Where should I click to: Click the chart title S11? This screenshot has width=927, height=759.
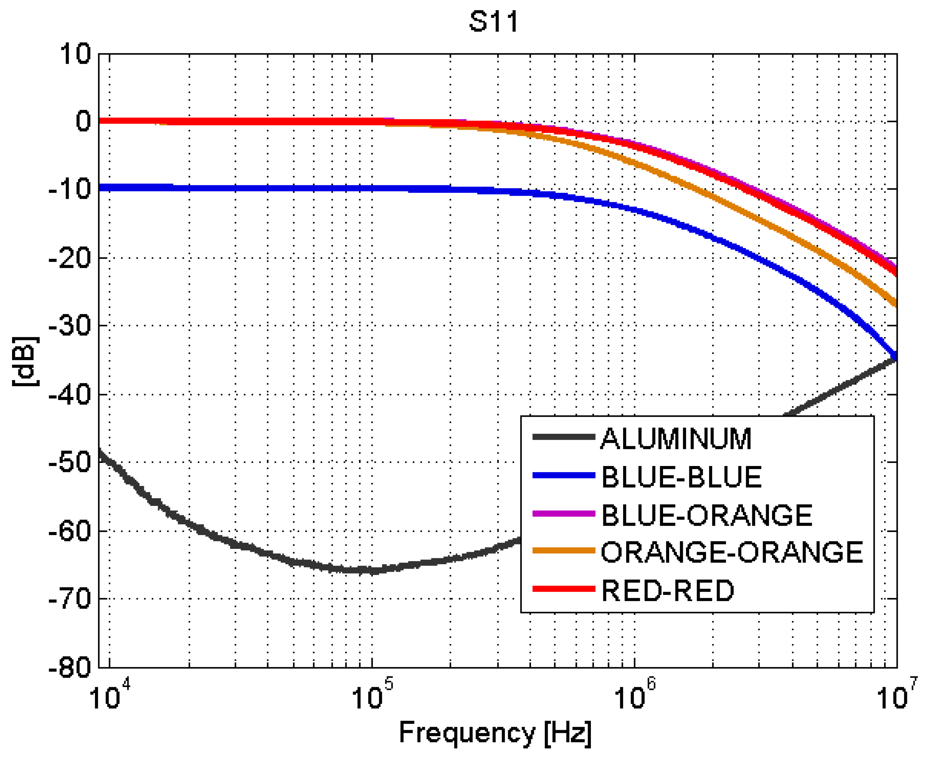(x=494, y=22)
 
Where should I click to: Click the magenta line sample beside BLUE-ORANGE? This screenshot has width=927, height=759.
(x=564, y=514)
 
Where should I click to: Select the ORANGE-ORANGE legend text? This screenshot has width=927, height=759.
(x=731, y=552)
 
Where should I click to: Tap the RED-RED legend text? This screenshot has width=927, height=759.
(x=668, y=590)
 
